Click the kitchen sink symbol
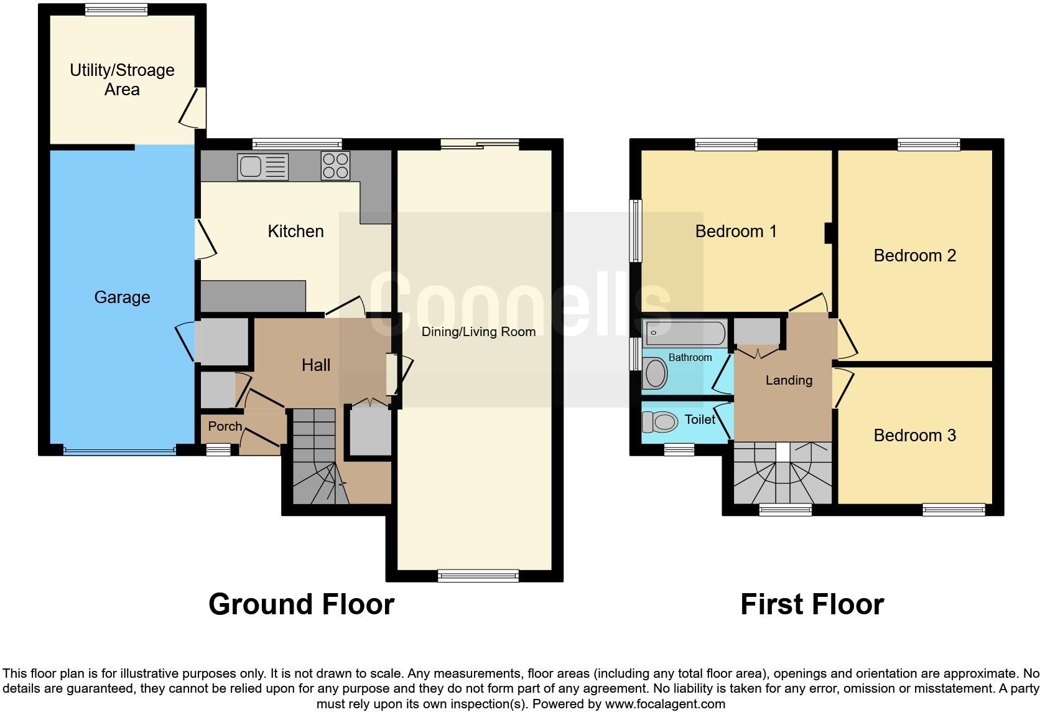[262, 167]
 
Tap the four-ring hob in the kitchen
[335, 166]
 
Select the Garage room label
[122, 297]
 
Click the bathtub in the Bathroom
[685, 333]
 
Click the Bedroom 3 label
[914, 436]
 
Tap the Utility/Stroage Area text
[122, 80]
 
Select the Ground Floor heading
[301, 604]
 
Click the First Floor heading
[812, 604]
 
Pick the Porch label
[225, 426]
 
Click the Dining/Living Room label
[478, 332]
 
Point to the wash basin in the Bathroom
[655, 373]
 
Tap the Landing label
[789, 380]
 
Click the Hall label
[316, 365]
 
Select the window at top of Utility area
[116, 9]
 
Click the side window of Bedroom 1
[635, 231]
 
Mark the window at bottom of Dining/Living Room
[478, 576]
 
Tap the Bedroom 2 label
[914, 256]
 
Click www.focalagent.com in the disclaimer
[665, 705]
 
